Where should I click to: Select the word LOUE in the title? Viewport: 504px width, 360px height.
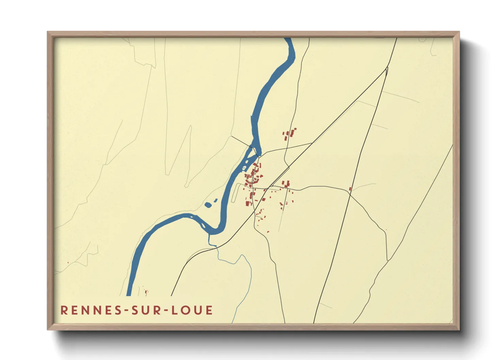coord(192,310)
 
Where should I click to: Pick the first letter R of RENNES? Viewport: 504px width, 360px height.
coord(64,310)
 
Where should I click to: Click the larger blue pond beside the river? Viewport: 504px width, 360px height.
coord(208,205)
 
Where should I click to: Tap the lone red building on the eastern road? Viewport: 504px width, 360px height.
coord(350,189)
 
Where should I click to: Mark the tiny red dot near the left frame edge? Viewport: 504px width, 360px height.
coord(68,262)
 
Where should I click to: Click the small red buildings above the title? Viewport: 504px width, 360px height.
coord(146,292)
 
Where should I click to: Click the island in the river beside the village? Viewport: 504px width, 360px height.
coord(251,159)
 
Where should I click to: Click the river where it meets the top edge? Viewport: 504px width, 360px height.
coord(288,39)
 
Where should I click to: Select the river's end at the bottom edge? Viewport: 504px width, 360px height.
coord(129,295)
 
